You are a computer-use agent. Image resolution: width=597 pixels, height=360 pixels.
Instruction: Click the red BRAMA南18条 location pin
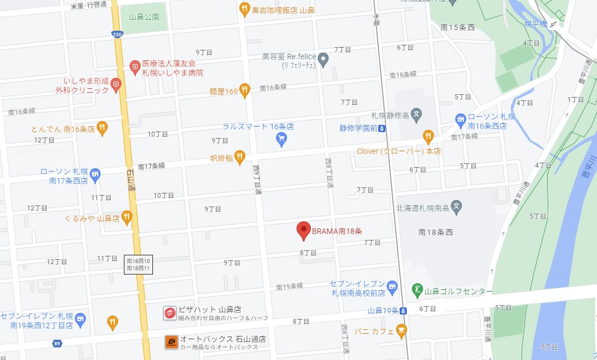click(x=304, y=231)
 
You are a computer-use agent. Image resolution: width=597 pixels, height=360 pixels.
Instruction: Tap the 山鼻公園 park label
click(x=144, y=17)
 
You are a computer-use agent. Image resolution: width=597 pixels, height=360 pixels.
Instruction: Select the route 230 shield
click(x=117, y=35)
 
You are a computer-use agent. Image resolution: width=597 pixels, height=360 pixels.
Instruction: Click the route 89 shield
click(x=56, y=344)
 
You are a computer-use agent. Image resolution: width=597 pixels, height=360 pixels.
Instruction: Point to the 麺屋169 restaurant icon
click(x=245, y=90)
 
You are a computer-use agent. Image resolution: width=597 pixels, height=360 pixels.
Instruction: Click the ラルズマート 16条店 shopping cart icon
click(x=281, y=140)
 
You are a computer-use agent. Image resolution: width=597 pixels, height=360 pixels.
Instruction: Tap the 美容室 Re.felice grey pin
click(x=323, y=59)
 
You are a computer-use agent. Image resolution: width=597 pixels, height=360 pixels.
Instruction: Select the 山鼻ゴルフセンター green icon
click(x=417, y=289)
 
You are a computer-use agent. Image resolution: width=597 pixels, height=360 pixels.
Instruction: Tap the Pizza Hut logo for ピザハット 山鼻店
click(x=170, y=313)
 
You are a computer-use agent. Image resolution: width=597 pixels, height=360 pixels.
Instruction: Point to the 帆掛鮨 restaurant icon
click(x=240, y=157)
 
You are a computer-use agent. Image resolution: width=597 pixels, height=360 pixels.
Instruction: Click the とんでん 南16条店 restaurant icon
click(x=101, y=129)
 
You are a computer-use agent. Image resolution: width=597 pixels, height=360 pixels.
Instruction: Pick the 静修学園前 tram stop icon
click(x=382, y=129)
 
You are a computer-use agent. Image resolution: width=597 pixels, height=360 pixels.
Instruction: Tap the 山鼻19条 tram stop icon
click(x=403, y=311)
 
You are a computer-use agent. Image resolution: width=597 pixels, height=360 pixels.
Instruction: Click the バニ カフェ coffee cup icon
click(x=402, y=331)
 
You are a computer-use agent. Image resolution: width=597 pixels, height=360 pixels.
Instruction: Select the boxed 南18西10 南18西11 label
click(x=138, y=265)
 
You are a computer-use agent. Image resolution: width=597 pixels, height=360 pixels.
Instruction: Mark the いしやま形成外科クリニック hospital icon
click(x=115, y=84)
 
